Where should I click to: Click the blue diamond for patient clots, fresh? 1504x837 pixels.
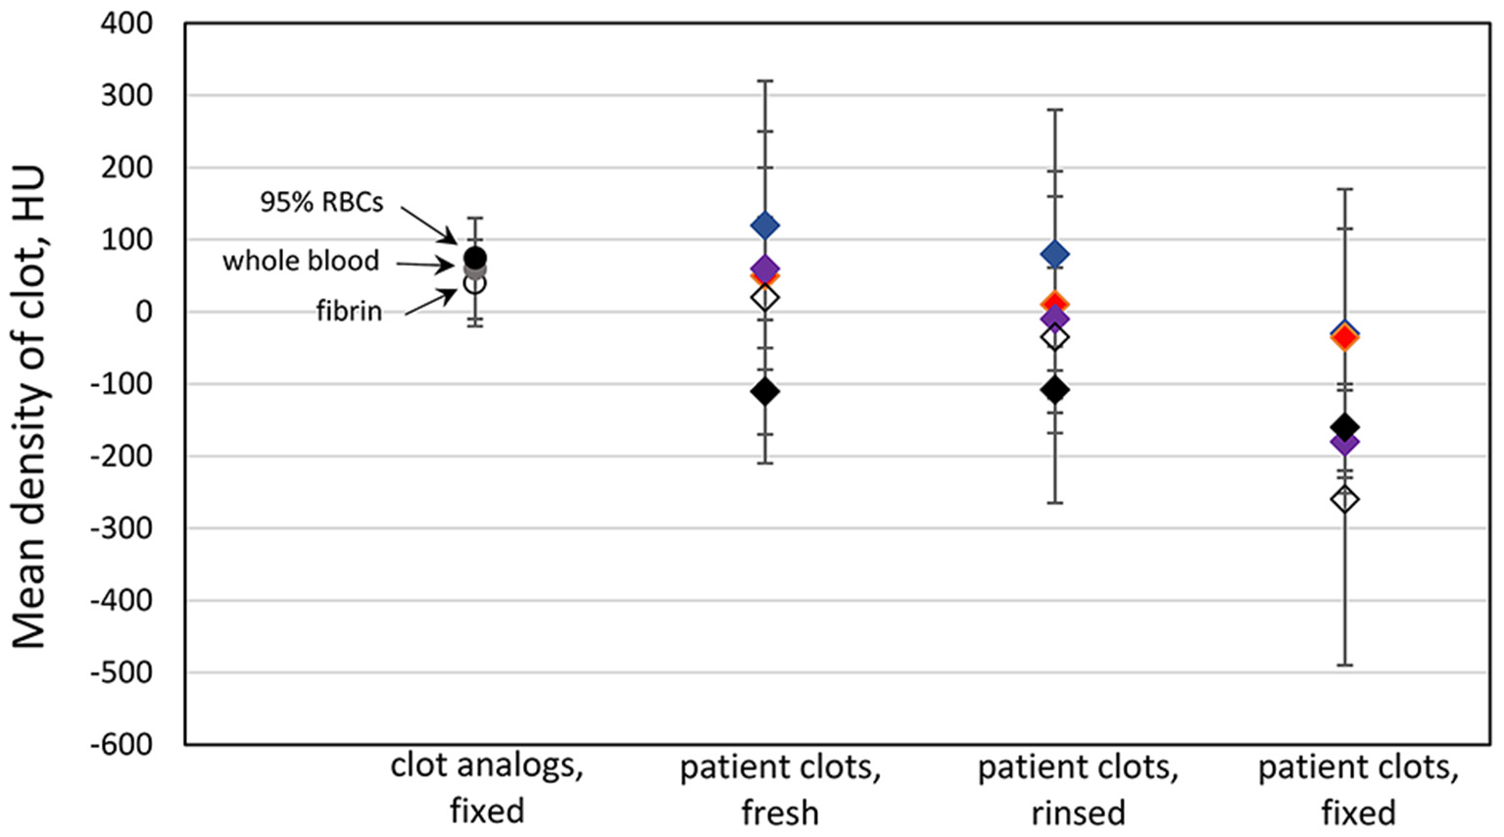(x=764, y=225)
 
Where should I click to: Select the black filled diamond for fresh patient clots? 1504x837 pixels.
(x=764, y=391)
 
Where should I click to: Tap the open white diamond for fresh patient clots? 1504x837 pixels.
(x=764, y=298)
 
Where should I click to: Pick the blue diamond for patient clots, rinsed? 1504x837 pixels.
(x=1054, y=255)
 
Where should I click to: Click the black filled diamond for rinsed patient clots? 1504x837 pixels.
(x=1054, y=389)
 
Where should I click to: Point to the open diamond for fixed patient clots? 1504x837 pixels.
(x=1344, y=500)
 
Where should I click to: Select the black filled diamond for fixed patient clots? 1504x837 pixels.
(x=1344, y=426)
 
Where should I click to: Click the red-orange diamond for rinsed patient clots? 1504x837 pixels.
(x=1054, y=304)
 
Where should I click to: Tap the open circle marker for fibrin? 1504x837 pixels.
(x=474, y=283)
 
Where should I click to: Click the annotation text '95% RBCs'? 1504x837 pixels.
(x=321, y=202)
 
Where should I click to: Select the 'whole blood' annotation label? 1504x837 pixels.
(x=300, y=261)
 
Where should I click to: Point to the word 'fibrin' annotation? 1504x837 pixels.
(x=348, y=312)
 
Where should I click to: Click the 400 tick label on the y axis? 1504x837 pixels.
(x=126, y=23)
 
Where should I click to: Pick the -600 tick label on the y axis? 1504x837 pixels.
(x=121, y=744)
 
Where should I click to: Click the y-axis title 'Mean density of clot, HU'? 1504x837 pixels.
(x=29, y=407)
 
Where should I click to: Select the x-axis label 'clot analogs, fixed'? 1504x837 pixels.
(x=487, y=789)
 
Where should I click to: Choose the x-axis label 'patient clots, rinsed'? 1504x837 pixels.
(x=1077, y=790)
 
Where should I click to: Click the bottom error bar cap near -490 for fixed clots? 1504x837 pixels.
(x=1344, y=665)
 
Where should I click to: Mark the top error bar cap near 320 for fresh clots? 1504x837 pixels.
(x=764, y=80)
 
